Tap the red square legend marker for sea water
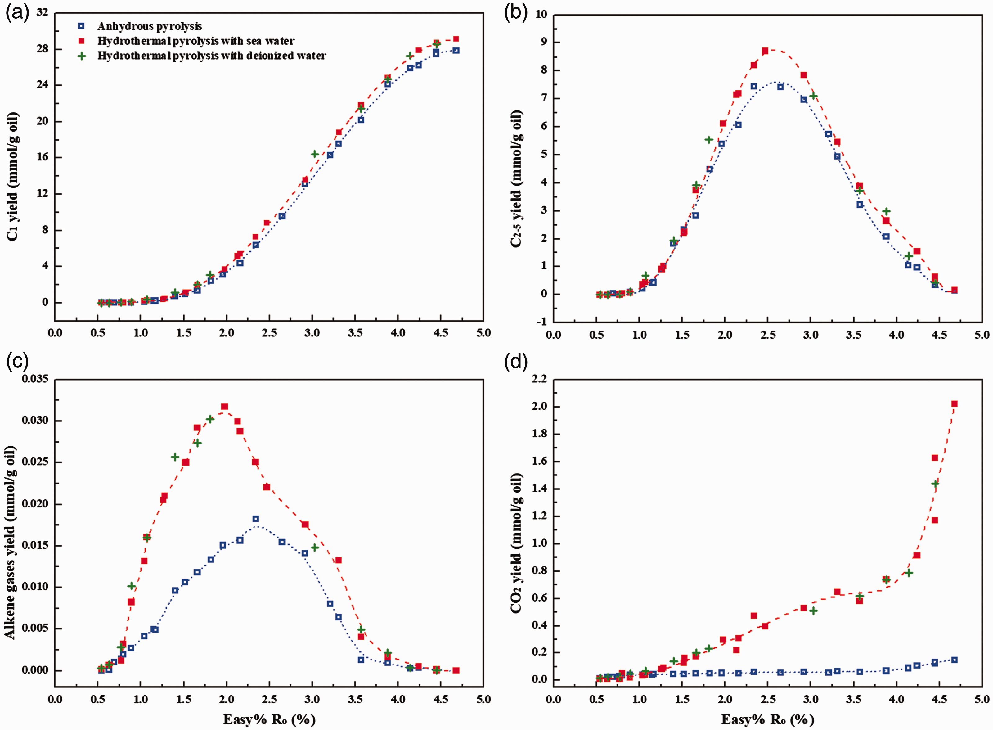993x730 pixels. point(81,41)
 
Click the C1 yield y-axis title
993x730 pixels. point(13,177)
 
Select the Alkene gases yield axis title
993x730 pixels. point(11,543)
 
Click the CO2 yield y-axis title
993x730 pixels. point(517,543)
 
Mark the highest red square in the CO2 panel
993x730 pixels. point(954,404)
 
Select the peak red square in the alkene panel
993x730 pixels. point(224,407)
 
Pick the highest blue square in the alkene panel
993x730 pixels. point(255,519)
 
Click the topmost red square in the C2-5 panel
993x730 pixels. point(765,51)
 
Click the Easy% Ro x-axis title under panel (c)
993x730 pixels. point(269,719)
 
